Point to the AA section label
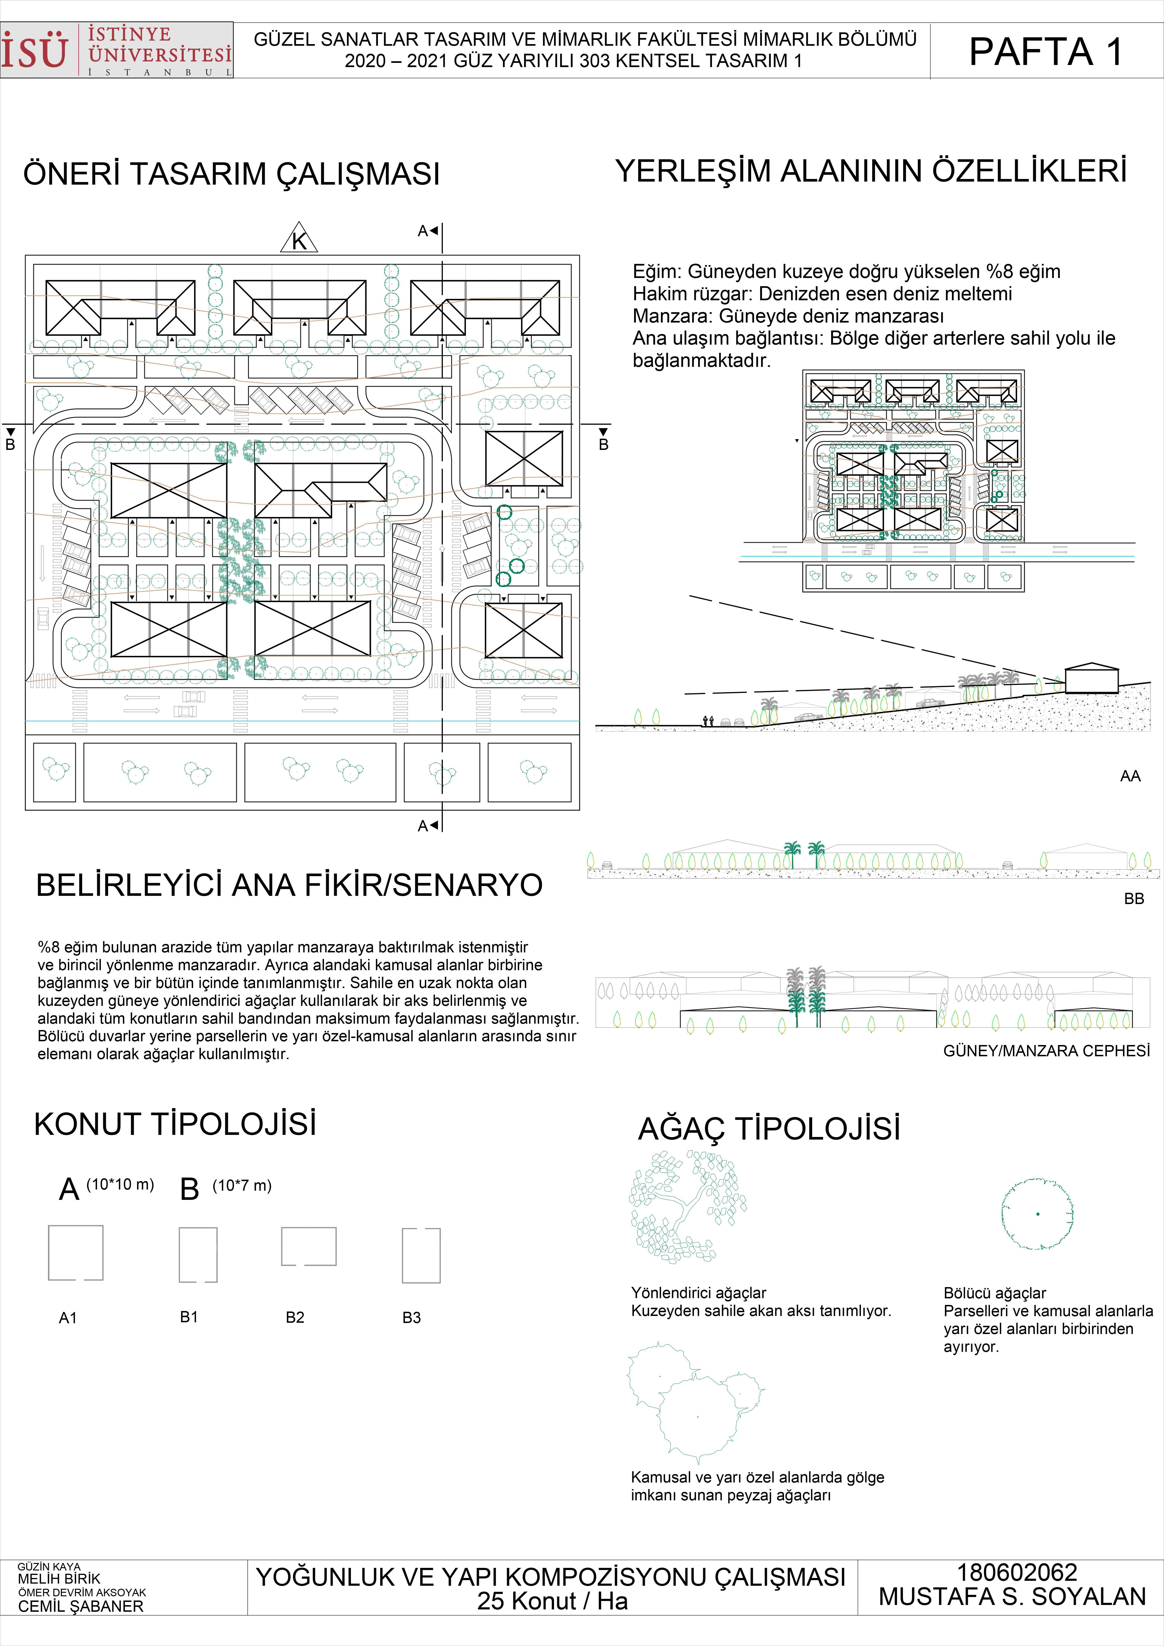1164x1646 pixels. tap(1130, 776)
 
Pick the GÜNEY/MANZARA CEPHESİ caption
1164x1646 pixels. tap(1046, 1051)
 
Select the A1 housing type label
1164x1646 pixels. tap(68, 1318)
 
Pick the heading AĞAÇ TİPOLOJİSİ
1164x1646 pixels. tap(769, 1128)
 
